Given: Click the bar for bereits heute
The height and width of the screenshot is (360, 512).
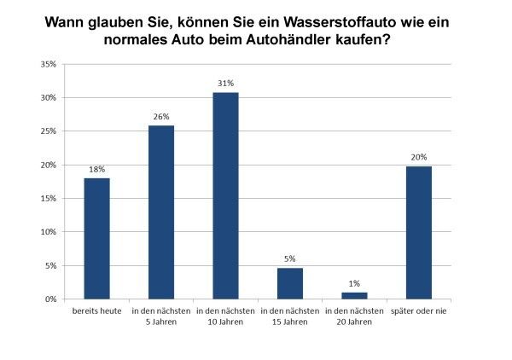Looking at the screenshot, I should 96,238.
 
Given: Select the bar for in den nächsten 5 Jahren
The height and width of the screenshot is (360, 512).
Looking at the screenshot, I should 161,212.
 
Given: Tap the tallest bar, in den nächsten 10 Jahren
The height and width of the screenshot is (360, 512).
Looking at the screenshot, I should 225,195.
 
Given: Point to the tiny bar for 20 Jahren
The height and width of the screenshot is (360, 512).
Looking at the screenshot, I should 354,296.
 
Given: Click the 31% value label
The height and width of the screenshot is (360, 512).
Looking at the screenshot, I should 225,83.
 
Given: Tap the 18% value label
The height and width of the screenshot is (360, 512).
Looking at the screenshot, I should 96,169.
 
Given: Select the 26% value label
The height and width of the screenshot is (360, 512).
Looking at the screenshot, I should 161,117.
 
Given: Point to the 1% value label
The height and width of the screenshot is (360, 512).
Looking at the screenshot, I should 354,284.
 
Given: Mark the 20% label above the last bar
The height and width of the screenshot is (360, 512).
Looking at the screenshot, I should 419,157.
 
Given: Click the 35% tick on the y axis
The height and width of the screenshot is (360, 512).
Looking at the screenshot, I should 49,64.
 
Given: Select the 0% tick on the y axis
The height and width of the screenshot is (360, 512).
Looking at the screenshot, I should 51,299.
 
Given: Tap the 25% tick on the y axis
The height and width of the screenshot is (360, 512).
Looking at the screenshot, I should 49,131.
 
